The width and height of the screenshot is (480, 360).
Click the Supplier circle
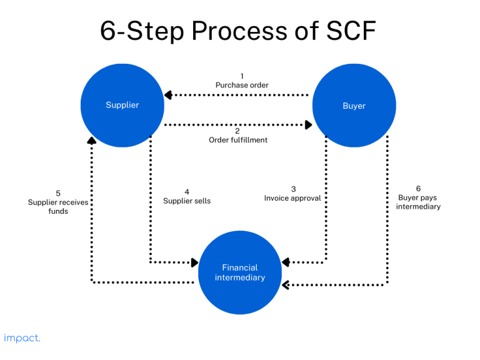point(122,106)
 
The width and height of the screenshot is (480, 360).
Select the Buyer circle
point(354,106)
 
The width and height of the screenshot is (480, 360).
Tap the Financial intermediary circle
point(240,272)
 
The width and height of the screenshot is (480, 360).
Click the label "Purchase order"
point(242,85)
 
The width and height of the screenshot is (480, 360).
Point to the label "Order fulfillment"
point(238,140)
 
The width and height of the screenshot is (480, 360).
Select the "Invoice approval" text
point(292,198)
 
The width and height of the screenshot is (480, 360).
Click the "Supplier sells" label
point(187,201)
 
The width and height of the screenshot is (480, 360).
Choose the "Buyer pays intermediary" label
point(418,202)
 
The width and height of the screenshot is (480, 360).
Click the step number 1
point(242,76)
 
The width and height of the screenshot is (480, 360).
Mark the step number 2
point(237,131)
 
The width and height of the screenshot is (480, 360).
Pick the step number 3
point(293,189)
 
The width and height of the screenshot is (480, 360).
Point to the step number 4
point(187,192)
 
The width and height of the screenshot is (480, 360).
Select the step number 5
point(58,193)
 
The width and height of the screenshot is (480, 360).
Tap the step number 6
point(418,188)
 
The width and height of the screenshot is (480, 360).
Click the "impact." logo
point(22,338)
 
